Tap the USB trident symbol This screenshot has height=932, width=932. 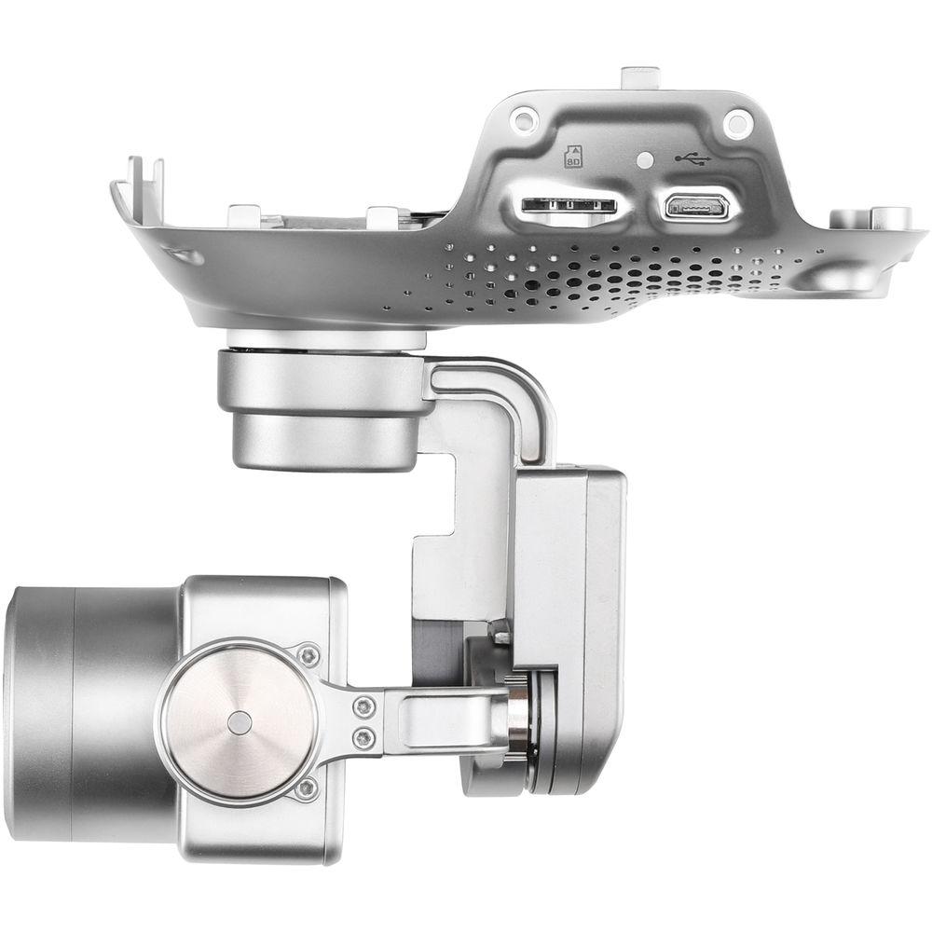693,158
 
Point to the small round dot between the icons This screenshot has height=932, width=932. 642,159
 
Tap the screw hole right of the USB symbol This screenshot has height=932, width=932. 737,120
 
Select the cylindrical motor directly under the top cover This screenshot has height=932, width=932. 317,410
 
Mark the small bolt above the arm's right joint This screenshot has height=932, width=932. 501,637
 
